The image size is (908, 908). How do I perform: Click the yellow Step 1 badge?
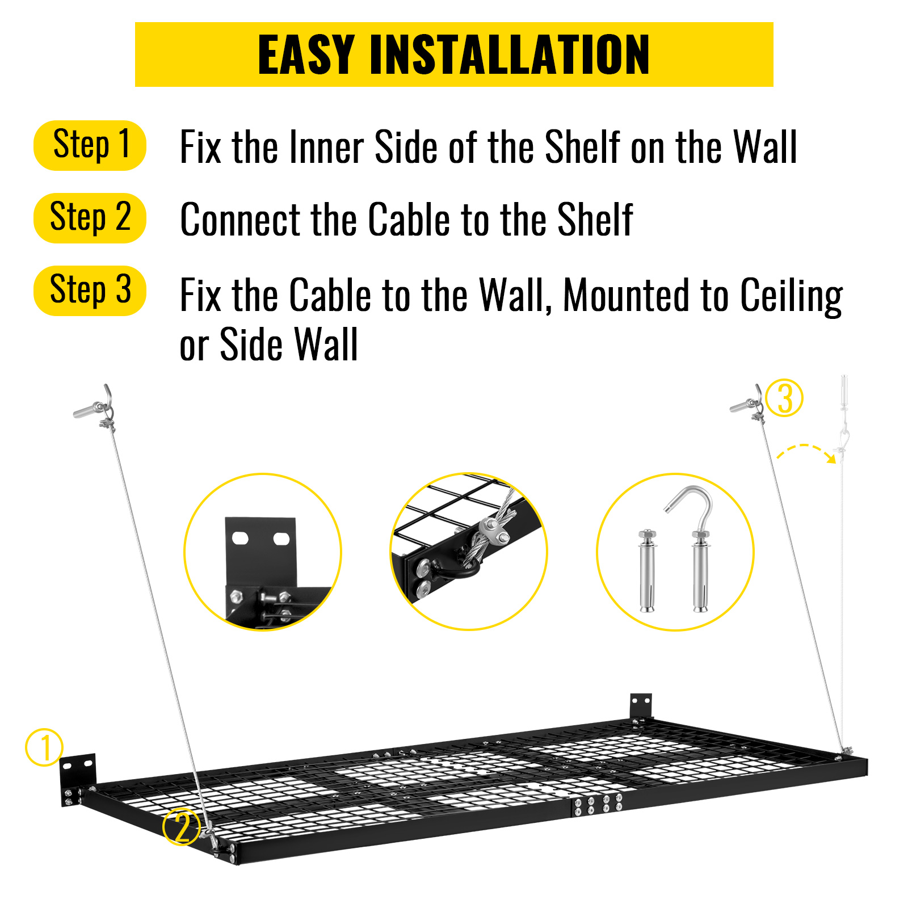click(x=90, y=145)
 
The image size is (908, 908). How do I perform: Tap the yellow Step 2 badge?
click(x=90, y=218)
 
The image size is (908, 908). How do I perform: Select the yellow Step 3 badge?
click(x=90, y=291)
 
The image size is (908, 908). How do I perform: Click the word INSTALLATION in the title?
click(x=509, y=55)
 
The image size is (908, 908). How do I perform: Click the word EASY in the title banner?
click(x=306, y=55)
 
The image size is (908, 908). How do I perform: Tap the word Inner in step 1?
click(x=327, y=148)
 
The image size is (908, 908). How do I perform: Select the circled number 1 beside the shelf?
click(x=44, y=747)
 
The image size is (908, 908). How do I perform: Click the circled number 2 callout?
click(x=182, y=827)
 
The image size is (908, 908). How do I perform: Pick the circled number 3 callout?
click(x=784, y=398)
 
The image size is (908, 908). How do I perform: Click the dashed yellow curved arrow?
click(x=806, y=452)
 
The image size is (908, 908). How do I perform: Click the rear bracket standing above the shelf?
click(x=640, y=707)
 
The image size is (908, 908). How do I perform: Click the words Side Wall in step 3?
click(x=288, y=345)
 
